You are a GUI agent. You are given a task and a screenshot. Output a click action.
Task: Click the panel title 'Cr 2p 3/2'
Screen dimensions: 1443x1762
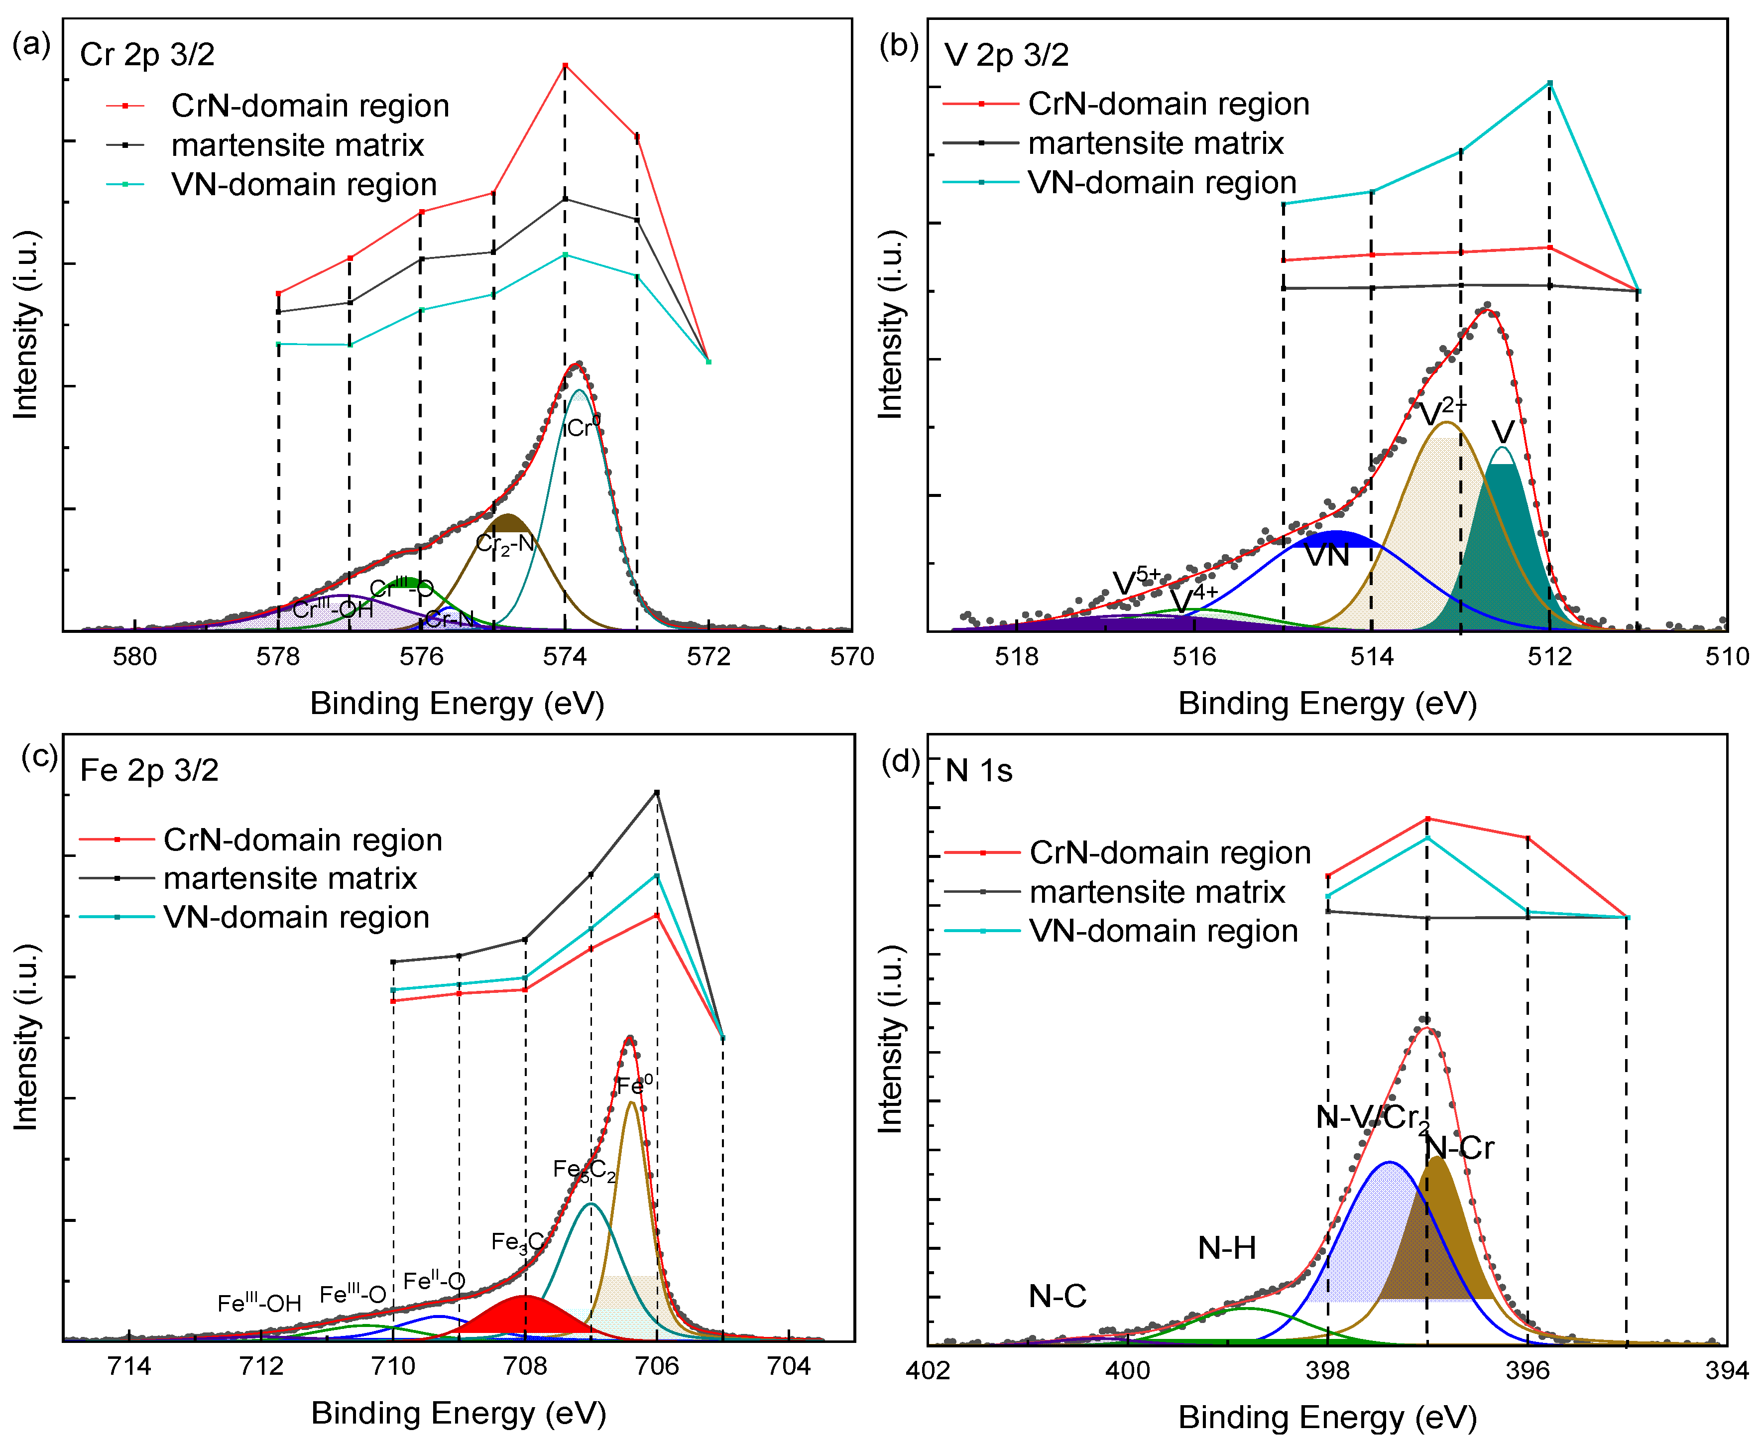[x=147, y=55]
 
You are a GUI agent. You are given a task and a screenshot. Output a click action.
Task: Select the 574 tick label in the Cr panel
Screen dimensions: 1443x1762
[x=565, y=657]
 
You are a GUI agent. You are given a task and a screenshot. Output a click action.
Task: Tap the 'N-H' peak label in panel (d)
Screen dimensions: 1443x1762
[x=1227, y=1248]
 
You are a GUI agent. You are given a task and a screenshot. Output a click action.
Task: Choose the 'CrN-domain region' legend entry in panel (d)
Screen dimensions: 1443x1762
[x=1170, y=853]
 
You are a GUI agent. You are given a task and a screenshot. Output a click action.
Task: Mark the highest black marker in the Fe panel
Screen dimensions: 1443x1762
[x=657, y=792]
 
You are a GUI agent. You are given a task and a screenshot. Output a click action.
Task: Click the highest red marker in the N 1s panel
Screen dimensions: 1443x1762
[x=1427, y=819]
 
